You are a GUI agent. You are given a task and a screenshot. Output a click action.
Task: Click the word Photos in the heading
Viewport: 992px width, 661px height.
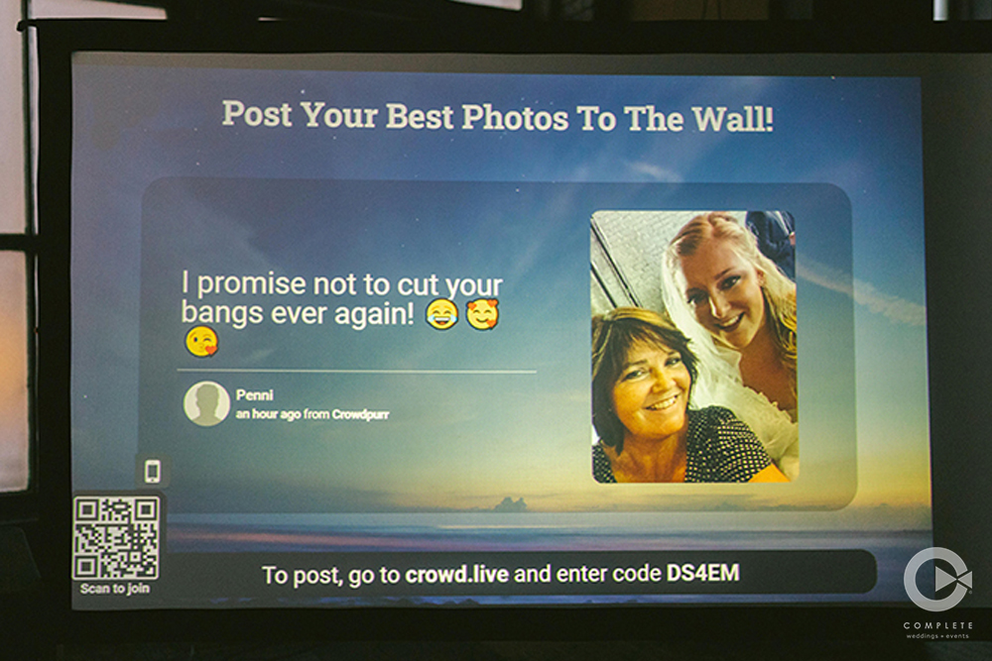tap(515, 117)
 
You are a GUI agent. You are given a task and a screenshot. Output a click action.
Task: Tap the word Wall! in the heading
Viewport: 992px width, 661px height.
tap(732, 119)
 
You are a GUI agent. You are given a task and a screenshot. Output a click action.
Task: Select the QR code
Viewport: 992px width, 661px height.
tap(116, 538)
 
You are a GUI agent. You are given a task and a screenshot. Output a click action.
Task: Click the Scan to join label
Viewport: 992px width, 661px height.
tap(114, 589)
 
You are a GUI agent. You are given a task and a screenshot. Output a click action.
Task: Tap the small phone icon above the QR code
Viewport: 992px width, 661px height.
tap(153, 472)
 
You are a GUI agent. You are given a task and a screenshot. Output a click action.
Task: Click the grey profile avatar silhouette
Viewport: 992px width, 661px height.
tap(206, 403)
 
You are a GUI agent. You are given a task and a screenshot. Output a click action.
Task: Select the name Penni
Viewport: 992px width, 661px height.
tap(254, 395)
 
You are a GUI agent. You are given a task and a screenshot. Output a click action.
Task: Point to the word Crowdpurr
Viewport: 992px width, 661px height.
tap(361, 414)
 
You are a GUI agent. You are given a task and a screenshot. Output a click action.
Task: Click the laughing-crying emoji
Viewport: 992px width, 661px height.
tap(441, 314)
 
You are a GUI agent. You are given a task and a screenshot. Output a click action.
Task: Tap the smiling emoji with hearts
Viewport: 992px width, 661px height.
tap(483, 314)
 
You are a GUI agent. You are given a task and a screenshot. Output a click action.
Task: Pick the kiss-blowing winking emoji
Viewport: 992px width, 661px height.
tap(201, 342)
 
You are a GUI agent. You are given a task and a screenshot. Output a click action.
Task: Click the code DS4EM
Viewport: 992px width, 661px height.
tap(703, 573)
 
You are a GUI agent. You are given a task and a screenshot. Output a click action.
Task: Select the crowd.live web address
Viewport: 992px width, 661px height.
tap(456, 574)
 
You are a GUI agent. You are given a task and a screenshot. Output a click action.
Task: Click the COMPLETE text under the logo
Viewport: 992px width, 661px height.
tap(938, 625)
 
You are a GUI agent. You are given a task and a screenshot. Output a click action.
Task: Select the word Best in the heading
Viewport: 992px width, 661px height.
tap(420, 116)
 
